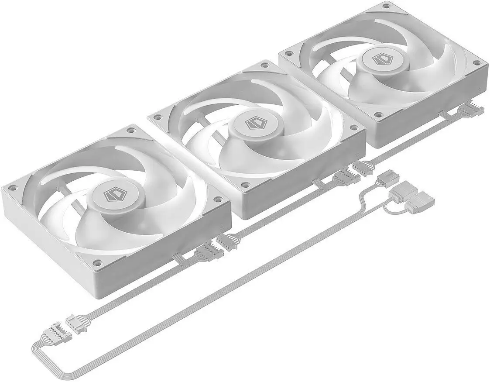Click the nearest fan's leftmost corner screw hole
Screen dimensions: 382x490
coord(13,188)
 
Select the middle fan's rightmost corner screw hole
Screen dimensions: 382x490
coord(353,128)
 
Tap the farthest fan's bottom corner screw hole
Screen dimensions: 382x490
coord(378,115)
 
